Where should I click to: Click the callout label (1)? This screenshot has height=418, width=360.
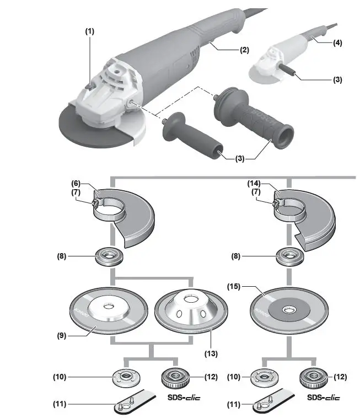pos(89,31)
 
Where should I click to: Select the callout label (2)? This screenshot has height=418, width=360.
pos(244,50)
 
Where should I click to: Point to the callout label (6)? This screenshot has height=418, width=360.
pos(77,183)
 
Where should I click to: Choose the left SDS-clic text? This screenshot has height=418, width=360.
pos(182,397)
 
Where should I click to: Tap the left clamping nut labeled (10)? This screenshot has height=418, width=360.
pos(125,378)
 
